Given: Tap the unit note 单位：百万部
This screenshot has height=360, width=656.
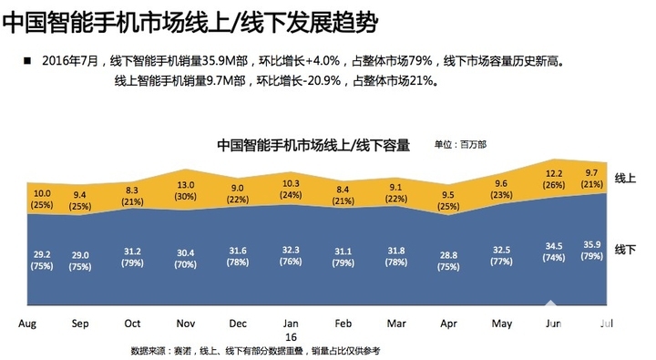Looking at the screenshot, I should click(460, 144).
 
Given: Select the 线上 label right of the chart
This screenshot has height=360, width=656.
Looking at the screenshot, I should click(625, 177).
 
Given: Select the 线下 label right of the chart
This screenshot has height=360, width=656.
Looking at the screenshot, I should click(625, 249).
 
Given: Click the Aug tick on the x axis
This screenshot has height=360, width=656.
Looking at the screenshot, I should click(28, 324).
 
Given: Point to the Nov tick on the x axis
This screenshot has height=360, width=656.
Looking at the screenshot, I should click(186, 324).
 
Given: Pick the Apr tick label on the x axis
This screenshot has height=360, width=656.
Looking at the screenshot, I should click(448, 324).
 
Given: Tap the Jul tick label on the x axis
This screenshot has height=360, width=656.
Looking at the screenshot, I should click(606, 324).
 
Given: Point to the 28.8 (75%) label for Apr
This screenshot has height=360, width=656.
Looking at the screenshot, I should click(448, 260).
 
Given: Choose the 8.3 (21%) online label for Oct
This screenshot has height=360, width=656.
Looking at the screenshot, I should click(133, 196).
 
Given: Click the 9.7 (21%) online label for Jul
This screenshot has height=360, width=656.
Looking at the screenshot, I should click(591, 179).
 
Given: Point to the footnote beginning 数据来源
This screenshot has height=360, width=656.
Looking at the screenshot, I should click(255, 351).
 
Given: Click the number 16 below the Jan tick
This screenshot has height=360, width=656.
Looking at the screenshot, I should click(291, 336).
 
